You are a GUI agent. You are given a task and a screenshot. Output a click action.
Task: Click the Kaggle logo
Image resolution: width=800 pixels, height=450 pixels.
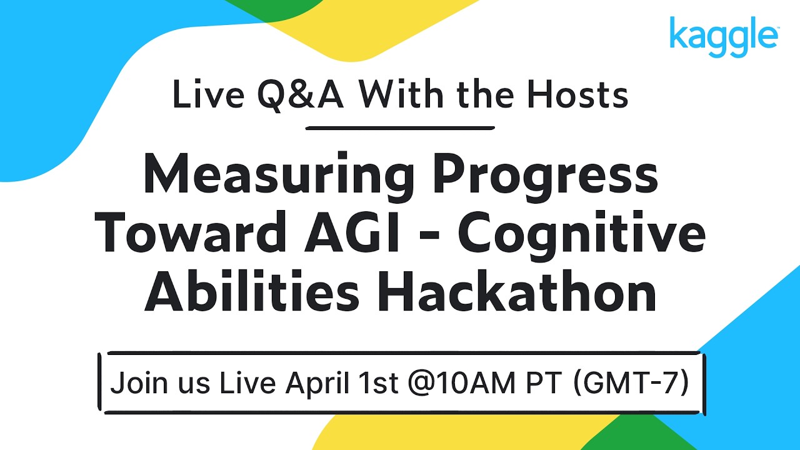[723, 36]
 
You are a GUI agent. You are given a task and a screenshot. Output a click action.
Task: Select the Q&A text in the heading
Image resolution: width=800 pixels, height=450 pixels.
[299, 97]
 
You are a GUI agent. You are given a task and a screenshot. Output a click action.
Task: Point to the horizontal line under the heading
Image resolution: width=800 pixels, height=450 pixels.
[400, 128]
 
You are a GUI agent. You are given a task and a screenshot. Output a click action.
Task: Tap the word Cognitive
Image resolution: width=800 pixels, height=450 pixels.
[581, 236]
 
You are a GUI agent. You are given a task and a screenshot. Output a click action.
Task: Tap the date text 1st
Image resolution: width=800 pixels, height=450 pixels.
[377, 384]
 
